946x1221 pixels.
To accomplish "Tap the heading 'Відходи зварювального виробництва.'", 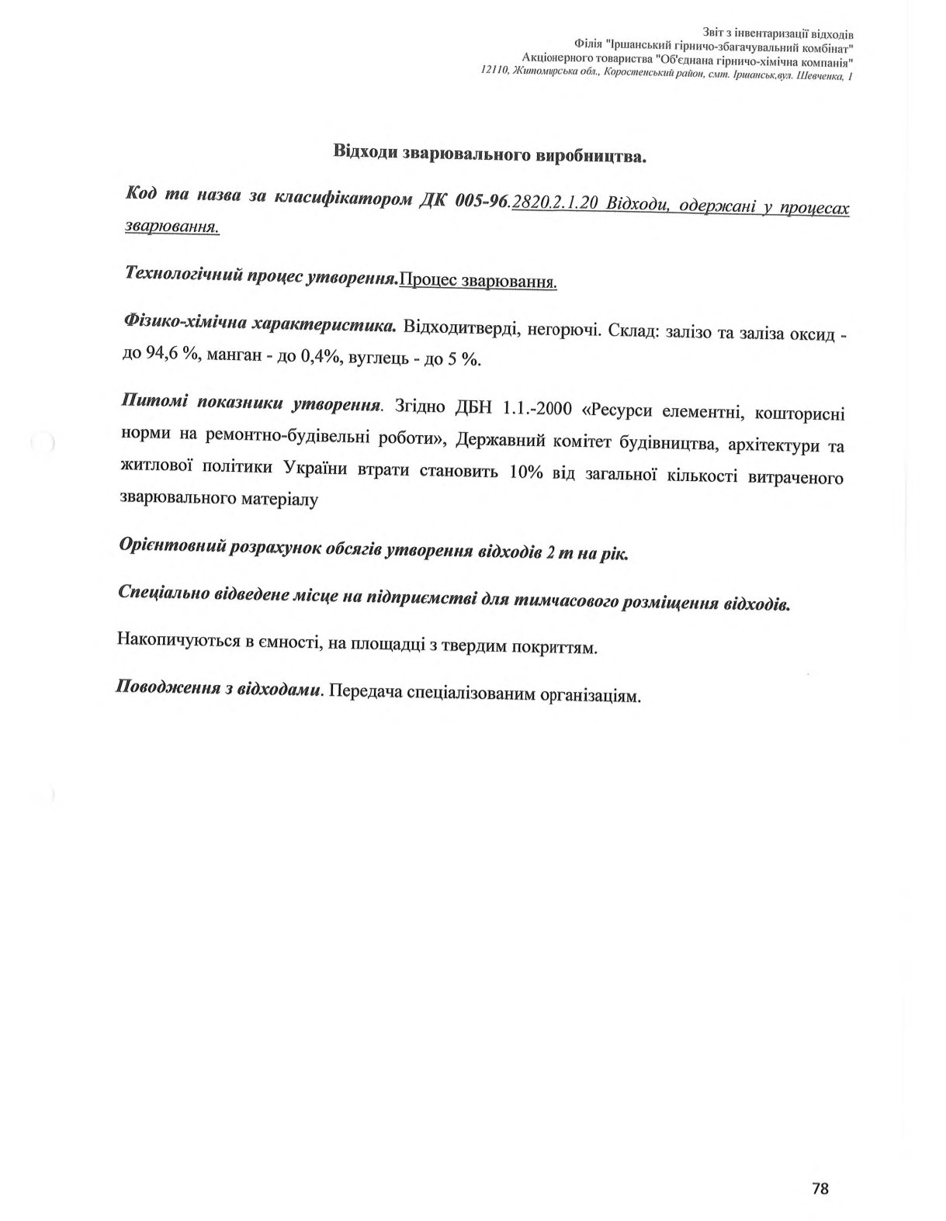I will pyautogui.click(x=490, y=154).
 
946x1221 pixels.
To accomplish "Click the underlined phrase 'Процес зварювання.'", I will pyautogui.click(x=478, y=281).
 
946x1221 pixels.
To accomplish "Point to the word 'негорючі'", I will pyautogui.click(x=563, y=331).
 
